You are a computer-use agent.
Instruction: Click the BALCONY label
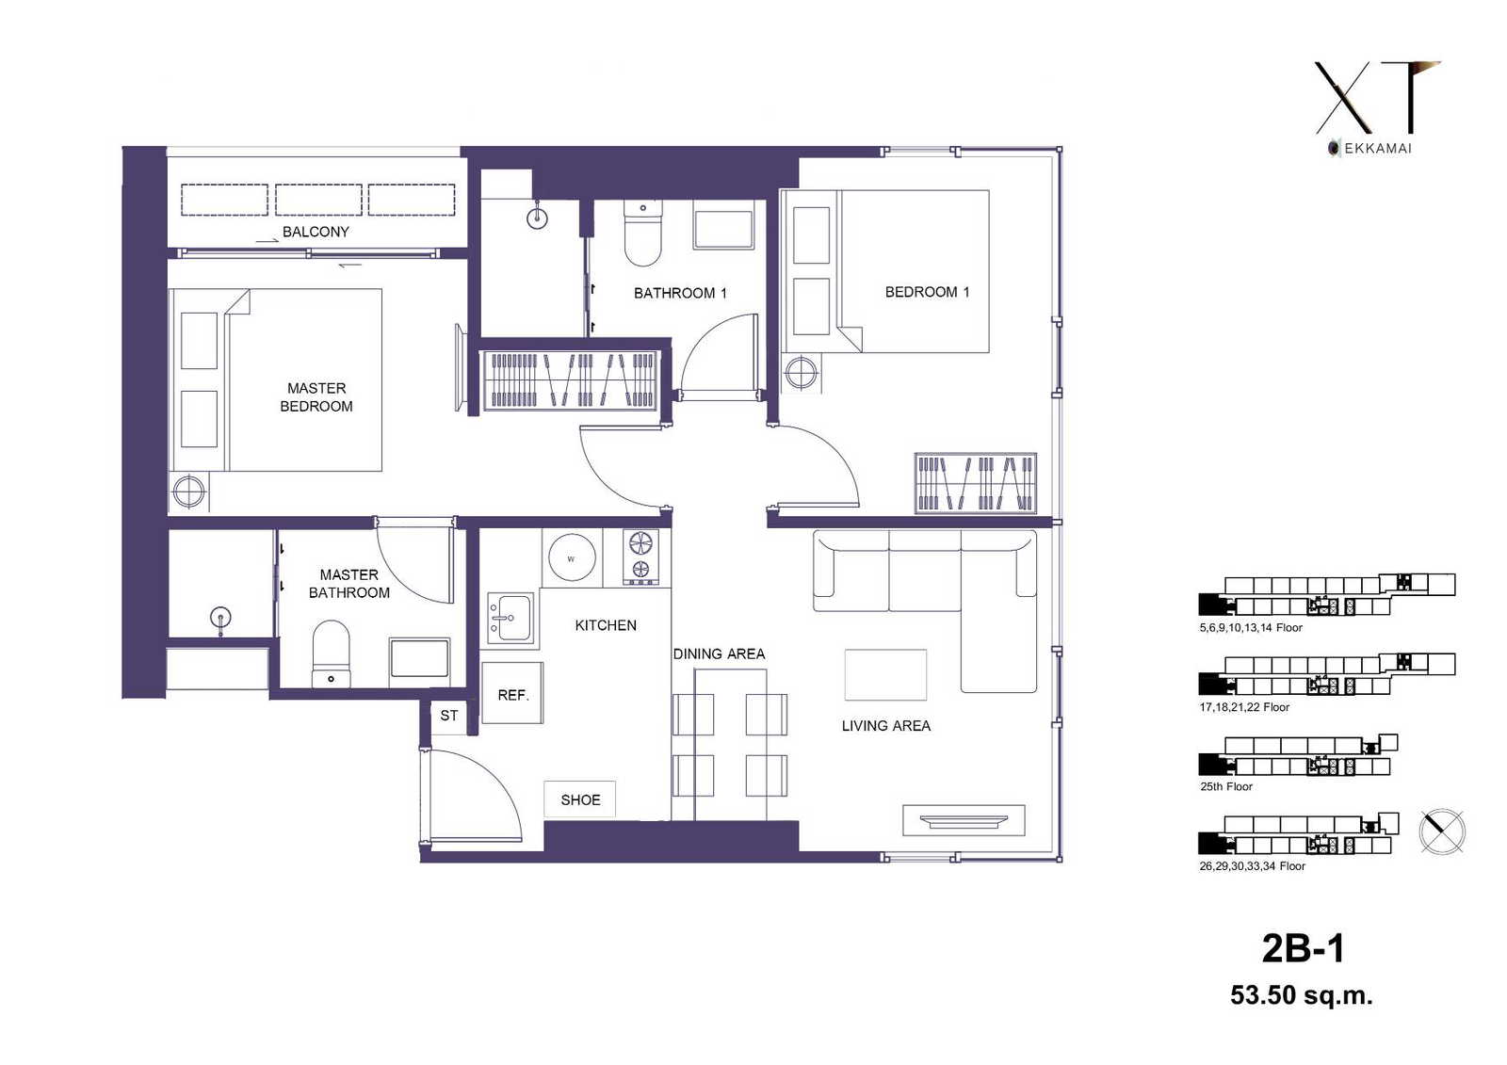pos(316,232)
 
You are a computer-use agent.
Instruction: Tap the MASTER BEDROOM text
pos(316,397)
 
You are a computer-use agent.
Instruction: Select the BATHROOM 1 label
pos(680,293)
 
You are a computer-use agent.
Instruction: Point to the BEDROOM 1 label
pos(927,292)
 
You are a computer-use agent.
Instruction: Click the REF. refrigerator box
pos(512,693)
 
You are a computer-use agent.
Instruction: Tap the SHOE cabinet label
pos(580,800)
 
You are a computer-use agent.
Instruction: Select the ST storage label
pos(448,715)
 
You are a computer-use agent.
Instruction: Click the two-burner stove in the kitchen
pos(640,557)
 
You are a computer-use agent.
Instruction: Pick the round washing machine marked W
pos(572,558)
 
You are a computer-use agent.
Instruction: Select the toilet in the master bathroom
pos(331,654)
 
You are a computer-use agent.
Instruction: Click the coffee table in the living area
pos(885,674)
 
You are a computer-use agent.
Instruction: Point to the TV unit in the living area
pos(964,820)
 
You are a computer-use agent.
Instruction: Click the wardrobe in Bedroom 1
pos(976,483)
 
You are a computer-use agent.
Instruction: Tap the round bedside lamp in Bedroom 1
pos(801,372)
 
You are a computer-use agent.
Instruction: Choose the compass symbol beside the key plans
pos(1442,832)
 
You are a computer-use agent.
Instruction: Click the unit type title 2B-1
pos(1304,948)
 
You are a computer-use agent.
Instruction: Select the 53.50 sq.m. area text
pos(1301,995)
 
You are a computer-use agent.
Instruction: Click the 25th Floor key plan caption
pos(1225,786)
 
